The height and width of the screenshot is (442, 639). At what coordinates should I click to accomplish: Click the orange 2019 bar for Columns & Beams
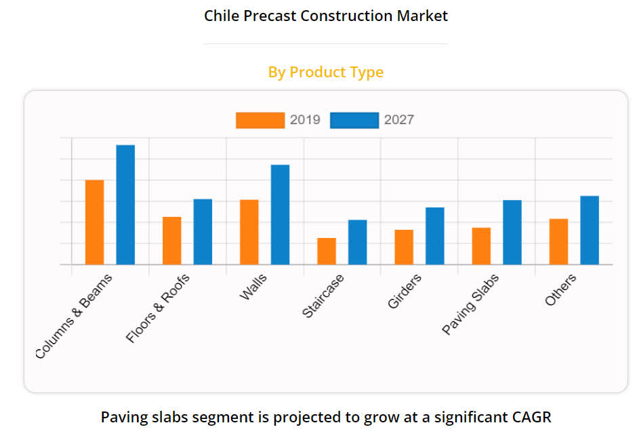point(94,222)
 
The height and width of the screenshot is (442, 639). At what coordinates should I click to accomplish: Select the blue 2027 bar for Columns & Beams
point(125,205)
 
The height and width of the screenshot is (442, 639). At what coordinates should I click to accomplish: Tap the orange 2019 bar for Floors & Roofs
point(171,241)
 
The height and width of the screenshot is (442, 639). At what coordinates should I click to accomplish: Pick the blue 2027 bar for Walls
point(280,215)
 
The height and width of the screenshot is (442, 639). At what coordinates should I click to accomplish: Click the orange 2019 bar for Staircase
point(327,252)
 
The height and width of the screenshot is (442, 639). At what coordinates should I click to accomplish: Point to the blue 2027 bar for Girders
point(435,236)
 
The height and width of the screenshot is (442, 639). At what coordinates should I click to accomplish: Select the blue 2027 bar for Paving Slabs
point(512,233)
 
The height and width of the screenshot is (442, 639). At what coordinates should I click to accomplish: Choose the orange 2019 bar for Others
point(558,242)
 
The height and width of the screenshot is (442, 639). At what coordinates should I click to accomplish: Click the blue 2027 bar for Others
point(590,230)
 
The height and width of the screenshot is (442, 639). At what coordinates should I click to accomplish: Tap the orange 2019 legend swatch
point(260,120)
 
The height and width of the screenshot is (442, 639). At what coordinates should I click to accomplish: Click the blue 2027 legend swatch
point(354,120)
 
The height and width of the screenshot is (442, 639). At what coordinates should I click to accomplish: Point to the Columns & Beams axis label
point(75,315)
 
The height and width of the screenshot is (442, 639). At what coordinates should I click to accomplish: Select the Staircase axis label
point(323,296)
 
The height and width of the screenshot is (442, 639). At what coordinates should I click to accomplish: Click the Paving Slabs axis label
point(471,304)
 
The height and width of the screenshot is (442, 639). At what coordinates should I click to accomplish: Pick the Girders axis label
point(405,292)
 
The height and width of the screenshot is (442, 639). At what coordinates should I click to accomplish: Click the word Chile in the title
point(221,16)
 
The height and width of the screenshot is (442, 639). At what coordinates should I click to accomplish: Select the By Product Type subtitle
point(326,72)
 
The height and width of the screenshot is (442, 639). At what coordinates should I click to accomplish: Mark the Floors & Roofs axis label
point(159,308)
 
